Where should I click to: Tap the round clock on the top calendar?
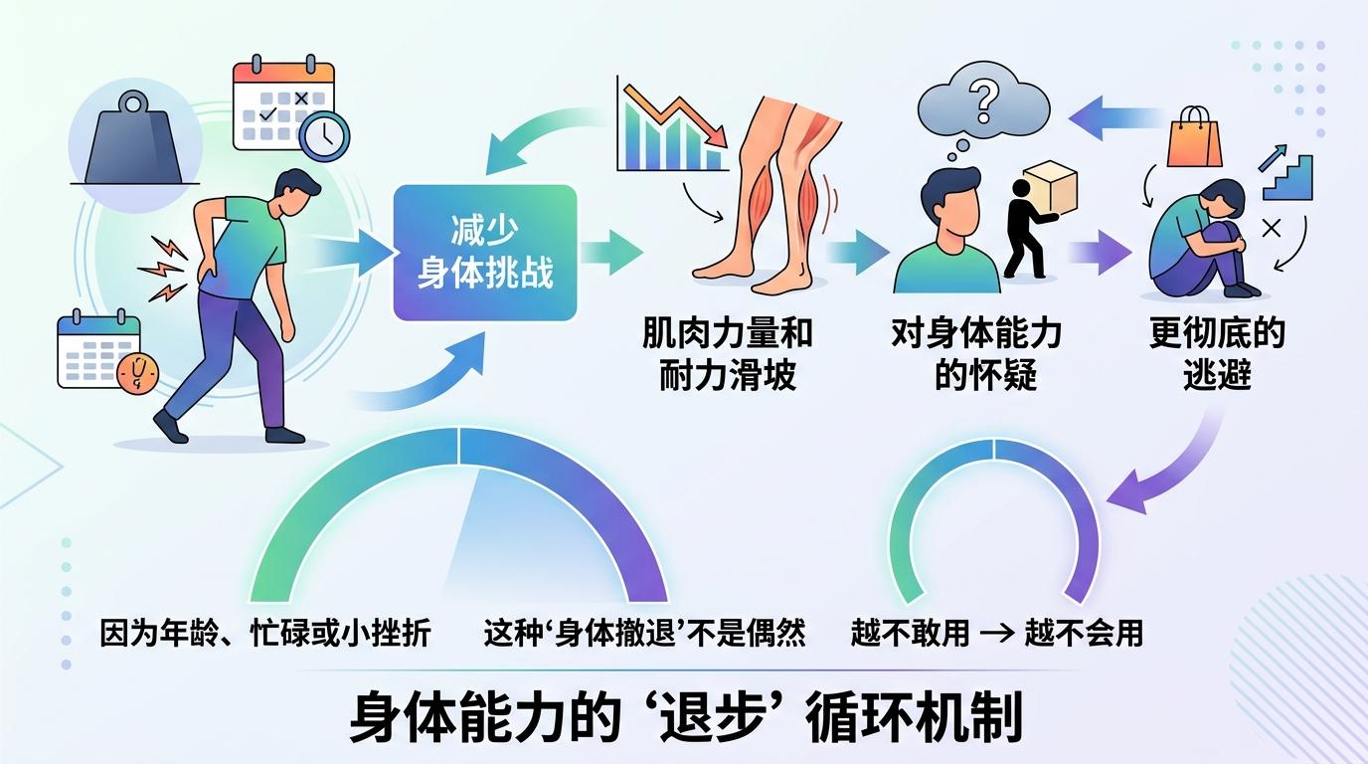pos(324,135)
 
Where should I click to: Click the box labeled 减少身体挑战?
pos(485,253)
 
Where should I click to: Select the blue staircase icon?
pos(1286,177)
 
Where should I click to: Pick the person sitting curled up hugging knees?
pos(1197,240)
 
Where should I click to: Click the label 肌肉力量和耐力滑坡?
pos(728,354)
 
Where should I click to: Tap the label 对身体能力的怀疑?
pos(976,354)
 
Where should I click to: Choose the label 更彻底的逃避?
pos(1217,354)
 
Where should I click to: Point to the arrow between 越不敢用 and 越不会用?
pos(997,633)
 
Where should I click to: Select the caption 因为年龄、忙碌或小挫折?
pos(265,633)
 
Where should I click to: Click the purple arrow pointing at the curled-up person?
pos(1100,253)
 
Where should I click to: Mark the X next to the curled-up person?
pos(1271,229)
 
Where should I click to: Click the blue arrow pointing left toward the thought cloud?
pos(1115,118)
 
